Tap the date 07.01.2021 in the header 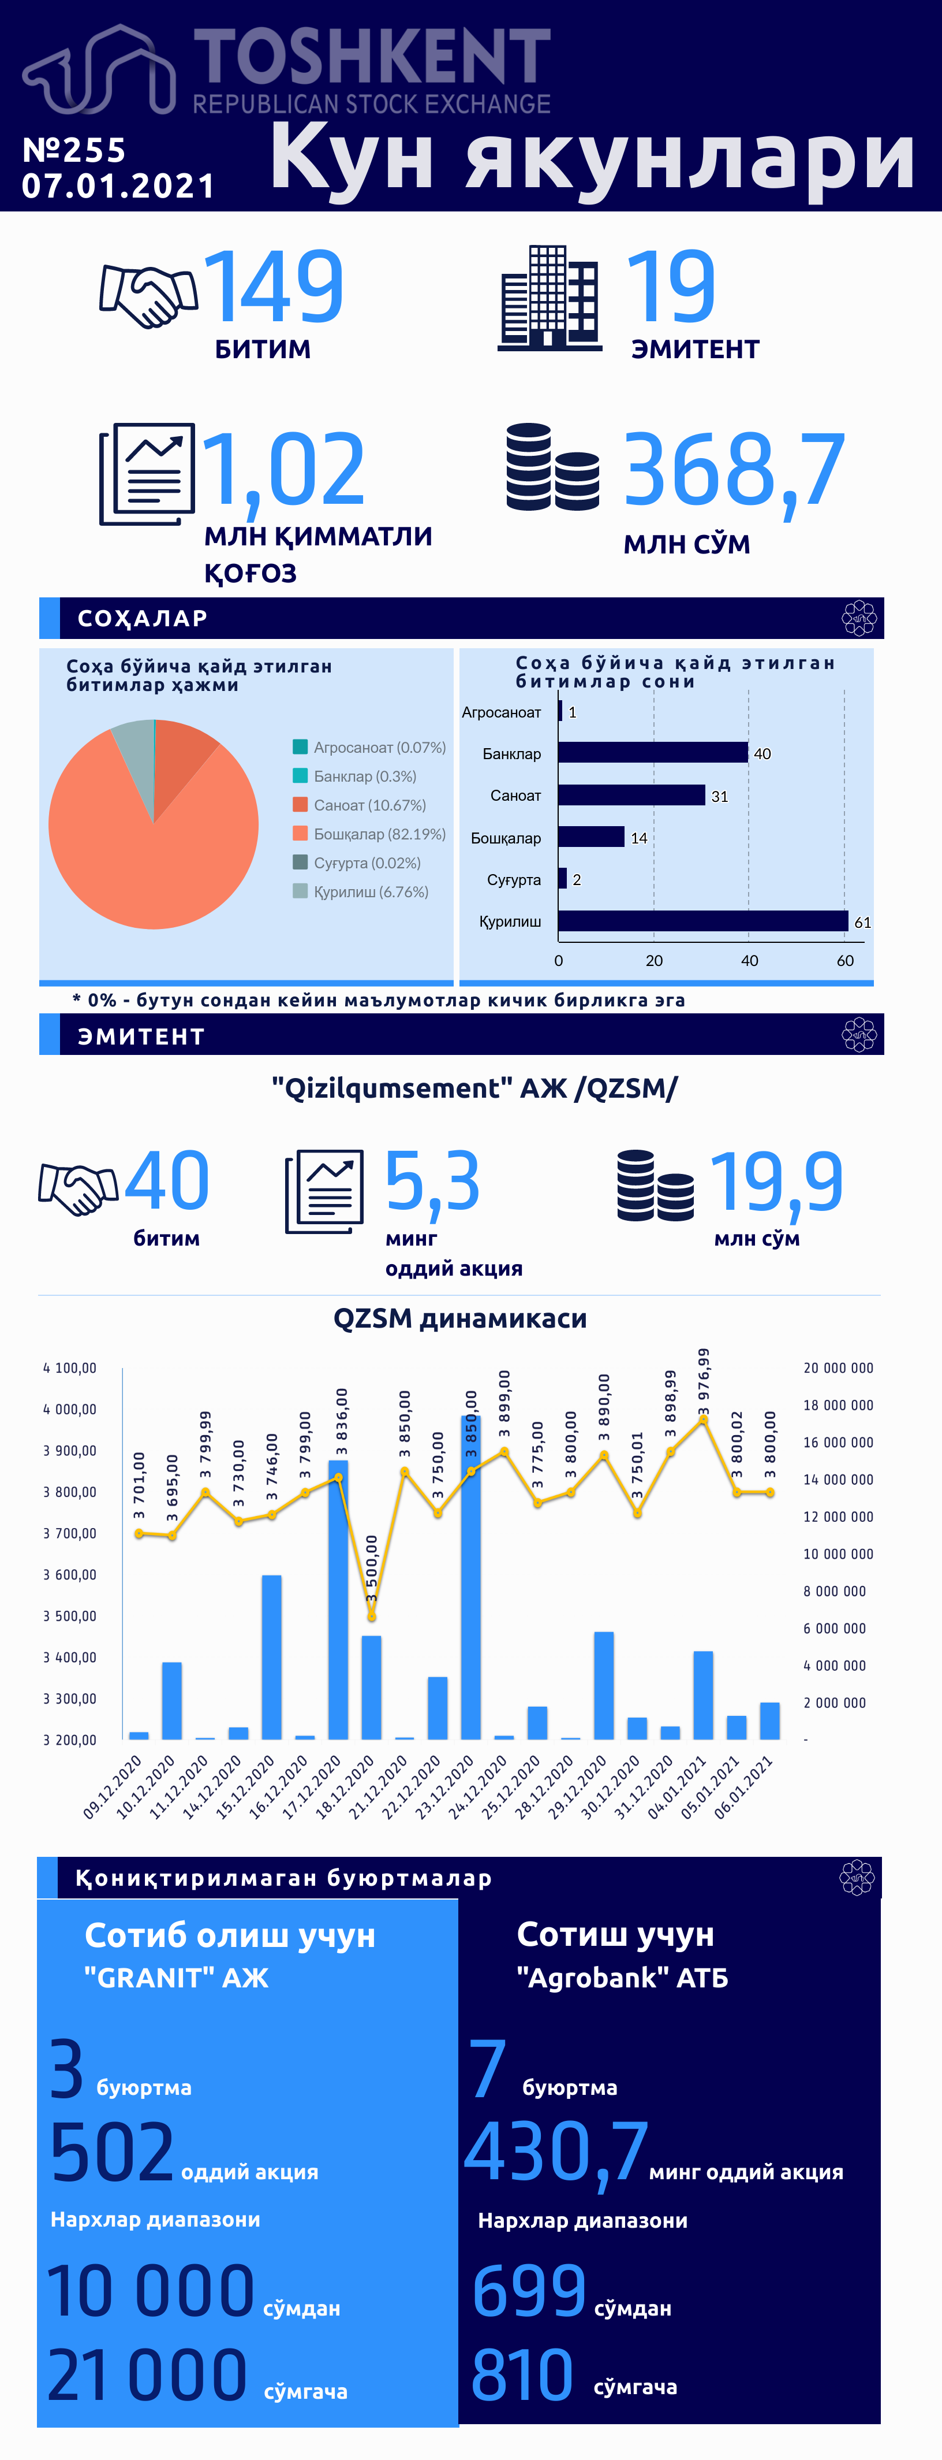(x=118, y=185)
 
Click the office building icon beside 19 (x=549, y=298)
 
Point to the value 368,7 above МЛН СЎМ (x=734, y=470)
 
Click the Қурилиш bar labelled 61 (x=704, y=920)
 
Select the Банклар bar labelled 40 (x=653, y=753)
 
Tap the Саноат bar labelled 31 (x=632, y=794)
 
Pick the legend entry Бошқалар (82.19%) (x=369, y=834)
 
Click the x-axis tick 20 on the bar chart (x=654, y=961)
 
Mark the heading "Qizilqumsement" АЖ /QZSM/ (x=474, y=1088)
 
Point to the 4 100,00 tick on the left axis (x=70, y=1368)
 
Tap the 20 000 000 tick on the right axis (x=838, y=1368)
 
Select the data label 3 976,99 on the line (x=704, y=1381)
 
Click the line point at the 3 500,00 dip (x=371, y=1617)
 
